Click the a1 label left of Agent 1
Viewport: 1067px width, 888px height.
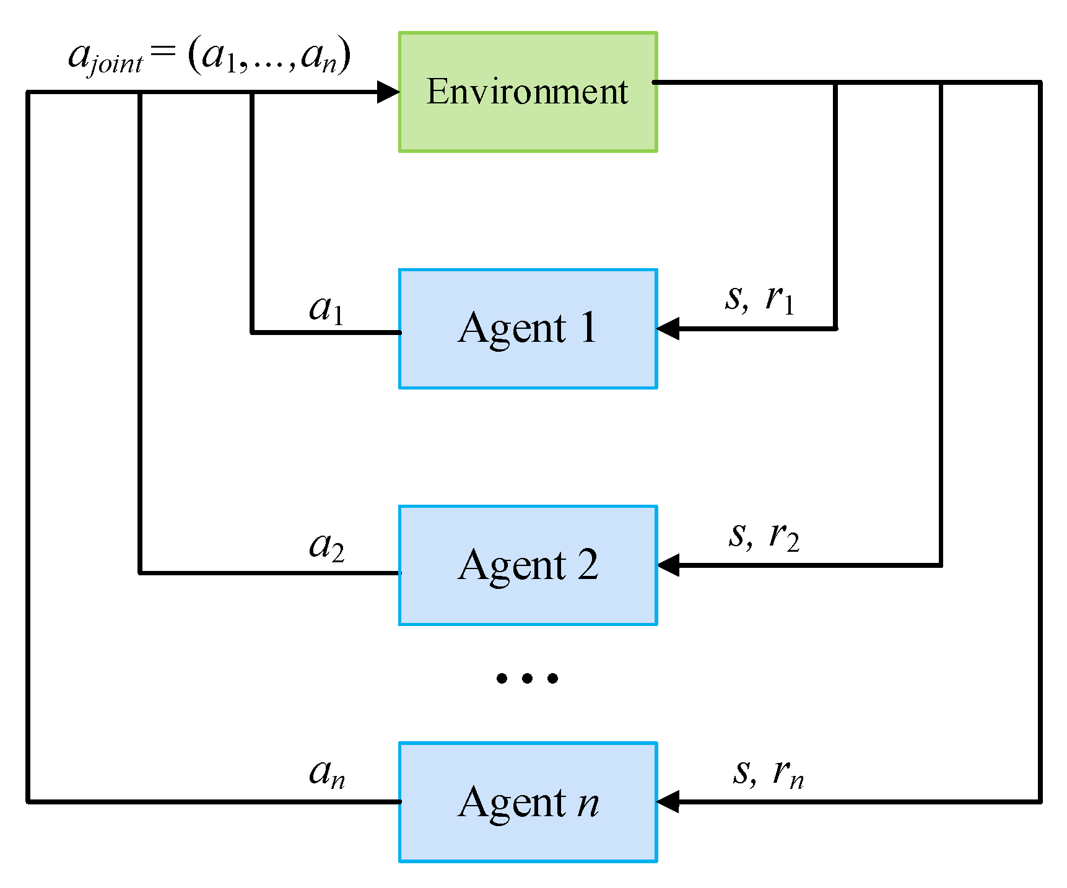click(326, 308)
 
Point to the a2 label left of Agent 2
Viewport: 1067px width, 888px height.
click(326, 546)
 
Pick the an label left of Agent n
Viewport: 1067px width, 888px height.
click(326, 773)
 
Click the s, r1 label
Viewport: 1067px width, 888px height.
click(759, 298)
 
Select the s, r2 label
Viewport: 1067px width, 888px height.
click(764, 535)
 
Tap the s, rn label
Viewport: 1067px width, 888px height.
click(768, 773)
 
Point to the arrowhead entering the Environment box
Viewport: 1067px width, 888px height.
click(388, 92)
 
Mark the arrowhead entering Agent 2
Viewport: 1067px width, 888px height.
click(669, 565)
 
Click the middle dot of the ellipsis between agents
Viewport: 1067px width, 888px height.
click(527, 678)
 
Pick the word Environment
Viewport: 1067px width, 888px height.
click(527, 92)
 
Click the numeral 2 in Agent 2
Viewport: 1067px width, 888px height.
click(588, 565)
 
